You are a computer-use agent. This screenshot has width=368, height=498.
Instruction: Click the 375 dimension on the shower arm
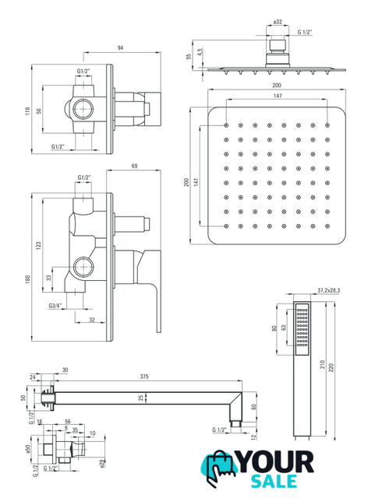144,377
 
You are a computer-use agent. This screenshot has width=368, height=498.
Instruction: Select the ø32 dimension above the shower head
278,22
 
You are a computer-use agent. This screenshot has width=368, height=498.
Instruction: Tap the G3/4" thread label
55,306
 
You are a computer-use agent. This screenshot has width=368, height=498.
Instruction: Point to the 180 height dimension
28,279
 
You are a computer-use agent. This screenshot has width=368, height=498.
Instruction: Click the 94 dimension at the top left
120,48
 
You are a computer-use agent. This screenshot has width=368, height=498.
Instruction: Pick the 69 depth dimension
134,166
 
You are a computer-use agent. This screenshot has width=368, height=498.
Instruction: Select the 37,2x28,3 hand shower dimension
328,290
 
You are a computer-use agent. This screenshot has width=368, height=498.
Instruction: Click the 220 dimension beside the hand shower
331,368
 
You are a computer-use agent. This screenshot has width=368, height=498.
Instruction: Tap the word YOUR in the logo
275,462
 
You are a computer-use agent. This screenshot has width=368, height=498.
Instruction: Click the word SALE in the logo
274,481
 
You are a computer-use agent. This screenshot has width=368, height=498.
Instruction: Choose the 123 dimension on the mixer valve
38,246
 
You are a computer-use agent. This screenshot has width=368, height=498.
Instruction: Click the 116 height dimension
28,110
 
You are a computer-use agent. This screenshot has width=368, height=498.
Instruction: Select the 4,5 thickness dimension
200,52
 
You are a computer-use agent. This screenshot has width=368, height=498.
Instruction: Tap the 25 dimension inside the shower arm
141,398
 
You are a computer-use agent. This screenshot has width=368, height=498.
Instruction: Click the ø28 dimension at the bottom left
102,464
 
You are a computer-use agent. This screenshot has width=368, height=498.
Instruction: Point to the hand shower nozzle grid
302,329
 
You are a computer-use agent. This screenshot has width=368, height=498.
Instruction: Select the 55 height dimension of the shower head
189,56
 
